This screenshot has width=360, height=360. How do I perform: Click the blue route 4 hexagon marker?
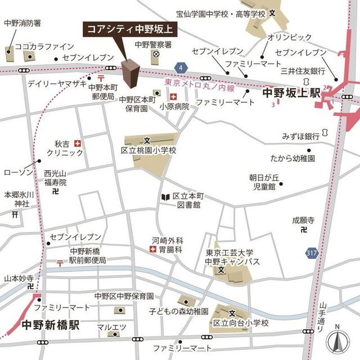pyautogui.click(x=180, y=67)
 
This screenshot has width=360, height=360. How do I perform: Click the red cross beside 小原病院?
pyautogui.click(x=173, y=104)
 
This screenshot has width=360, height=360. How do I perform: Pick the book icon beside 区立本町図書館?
pyautogui.click(x=165, y=197)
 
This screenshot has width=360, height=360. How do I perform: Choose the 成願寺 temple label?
pyautogui.click(x=303, y=220)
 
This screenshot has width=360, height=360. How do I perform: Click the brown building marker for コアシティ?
pyautogui.click(x=130, y=74)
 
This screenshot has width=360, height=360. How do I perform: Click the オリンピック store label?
pyautogui.click(x=289, y=37)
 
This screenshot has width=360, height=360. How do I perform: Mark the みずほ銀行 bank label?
pyautogui.click(x=301, y=137)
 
